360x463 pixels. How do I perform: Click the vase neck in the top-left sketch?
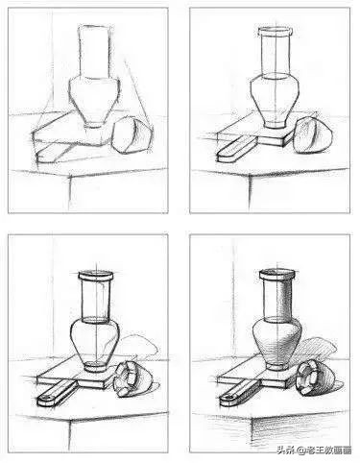click(x=94, y=48)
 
